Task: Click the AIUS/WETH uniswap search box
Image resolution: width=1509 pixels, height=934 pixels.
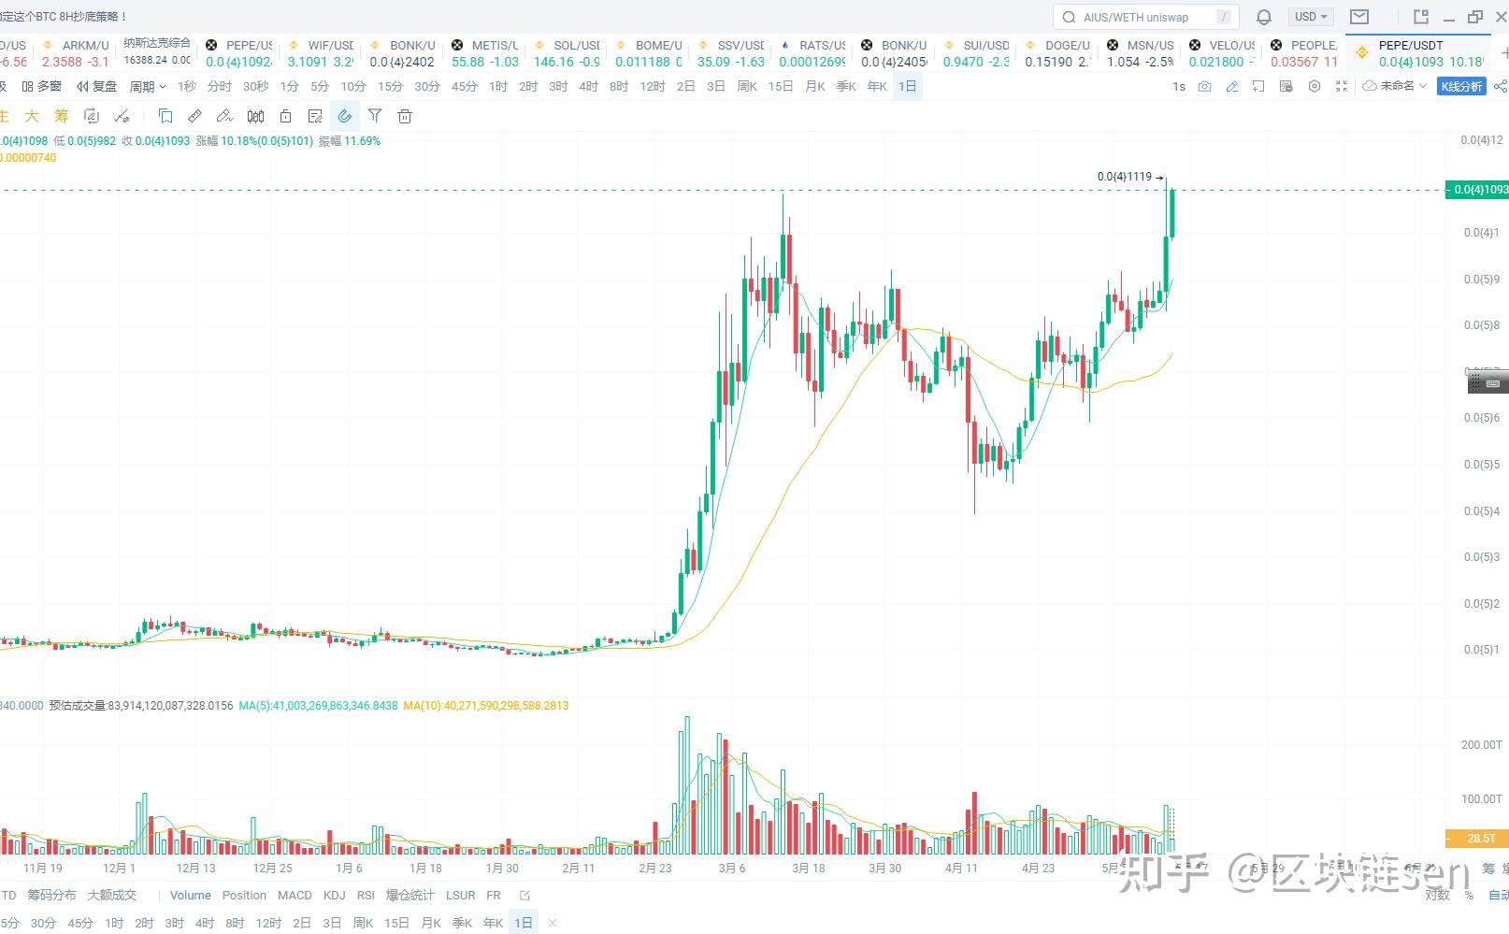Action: [x=1145, y=17]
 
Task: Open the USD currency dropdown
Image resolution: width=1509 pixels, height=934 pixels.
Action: [x=1311, y=17]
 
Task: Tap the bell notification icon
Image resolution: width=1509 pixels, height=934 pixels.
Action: [x=1264, y=17]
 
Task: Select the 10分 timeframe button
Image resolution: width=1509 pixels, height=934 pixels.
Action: [x=352, y=86]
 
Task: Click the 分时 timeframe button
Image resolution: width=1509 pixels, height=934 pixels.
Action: [x=220, y=86]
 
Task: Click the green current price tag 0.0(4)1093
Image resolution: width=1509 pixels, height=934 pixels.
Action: [x=1477, y=190]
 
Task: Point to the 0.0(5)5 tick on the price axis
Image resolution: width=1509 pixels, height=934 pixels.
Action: [x=1482, y=465]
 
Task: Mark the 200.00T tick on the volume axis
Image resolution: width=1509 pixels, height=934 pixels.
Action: [x=1481, y=745]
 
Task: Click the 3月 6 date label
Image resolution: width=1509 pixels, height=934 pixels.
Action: [x=732, y=868]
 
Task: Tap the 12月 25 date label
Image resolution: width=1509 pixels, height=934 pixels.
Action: [x=272, y=868]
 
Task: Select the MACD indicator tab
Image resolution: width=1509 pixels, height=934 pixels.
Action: [x=295, y=895]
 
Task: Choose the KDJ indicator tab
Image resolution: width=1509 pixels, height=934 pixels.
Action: [x=334, y=895]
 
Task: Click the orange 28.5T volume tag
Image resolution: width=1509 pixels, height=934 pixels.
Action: [x=1476, y=839]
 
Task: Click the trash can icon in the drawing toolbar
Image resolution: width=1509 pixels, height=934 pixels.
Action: [x=405, y=116]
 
